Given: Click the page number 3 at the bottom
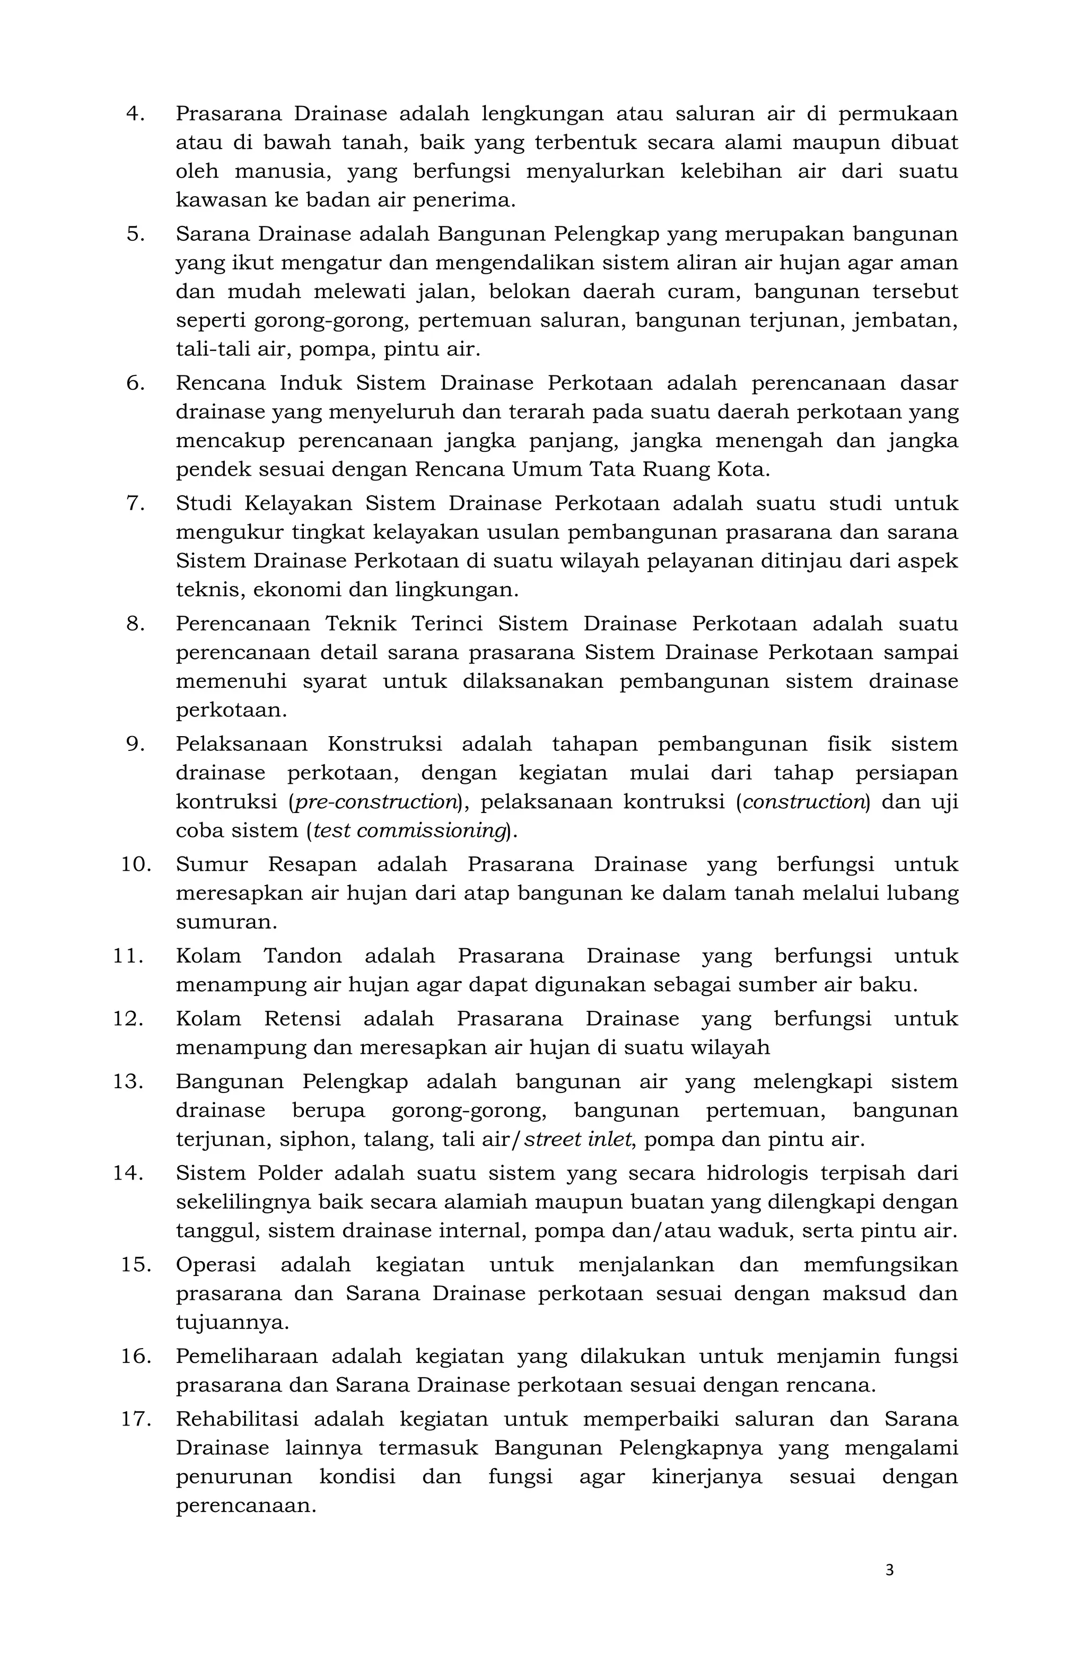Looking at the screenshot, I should click(x=889, y=1570).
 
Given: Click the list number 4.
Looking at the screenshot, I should click(x=135, y=114).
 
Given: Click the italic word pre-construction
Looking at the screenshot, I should click(x=375, y=802).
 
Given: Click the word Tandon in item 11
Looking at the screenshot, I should click(x=302, y=956).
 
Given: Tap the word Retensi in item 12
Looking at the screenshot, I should click(x=302, y=1019).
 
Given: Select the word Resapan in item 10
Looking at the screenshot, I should click(x=311, y=864).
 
